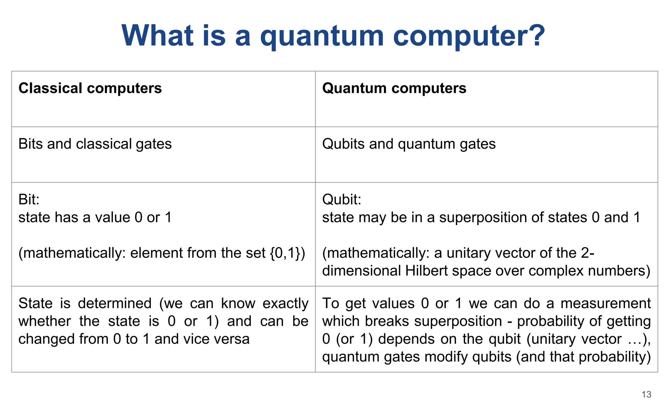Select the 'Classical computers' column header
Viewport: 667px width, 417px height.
90,88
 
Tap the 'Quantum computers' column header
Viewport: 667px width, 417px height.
394,88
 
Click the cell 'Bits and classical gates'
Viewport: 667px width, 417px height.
95,144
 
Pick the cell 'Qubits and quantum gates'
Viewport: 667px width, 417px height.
409,144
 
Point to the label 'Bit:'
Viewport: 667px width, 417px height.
29,199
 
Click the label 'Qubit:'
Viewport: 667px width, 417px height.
342,199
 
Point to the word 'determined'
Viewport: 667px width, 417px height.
115,304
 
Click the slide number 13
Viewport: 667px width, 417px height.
646,395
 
